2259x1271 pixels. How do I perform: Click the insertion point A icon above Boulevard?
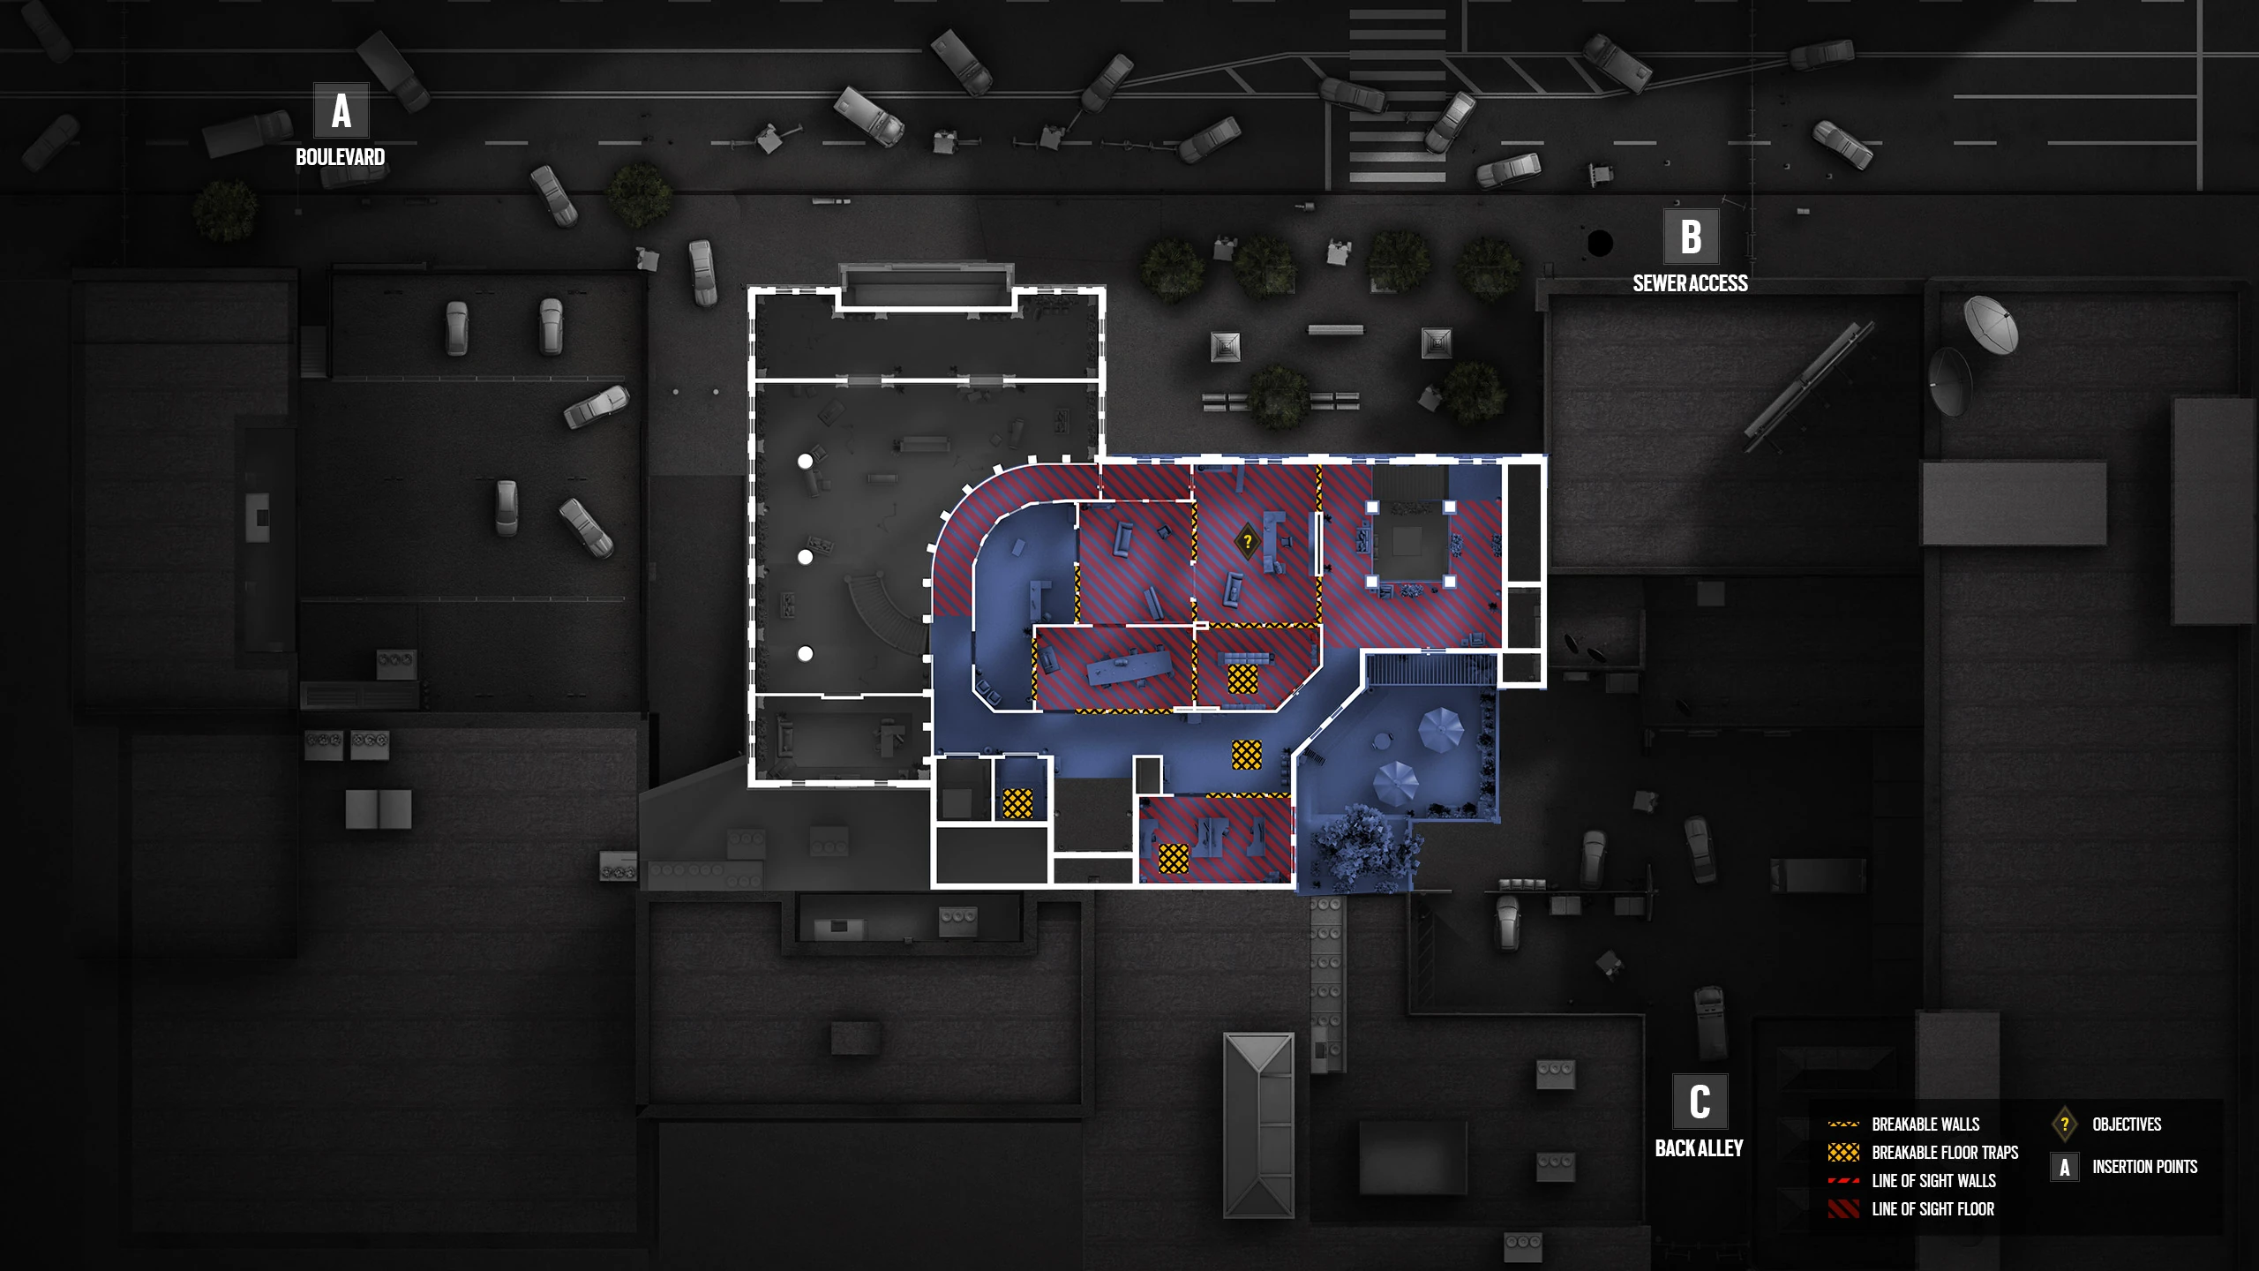341,111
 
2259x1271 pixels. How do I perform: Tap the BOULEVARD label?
340,157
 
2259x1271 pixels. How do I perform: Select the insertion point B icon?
1690,237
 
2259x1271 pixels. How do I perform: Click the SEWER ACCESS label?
1690,283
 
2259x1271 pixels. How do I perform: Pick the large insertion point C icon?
1700,1102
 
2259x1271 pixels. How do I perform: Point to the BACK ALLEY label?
1699,1148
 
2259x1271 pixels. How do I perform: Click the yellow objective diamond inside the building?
1247,540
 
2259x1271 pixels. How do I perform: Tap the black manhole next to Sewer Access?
1600,242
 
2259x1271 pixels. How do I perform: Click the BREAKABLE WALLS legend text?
1925,1124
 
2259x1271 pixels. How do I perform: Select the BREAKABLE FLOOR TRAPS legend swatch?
1843,1153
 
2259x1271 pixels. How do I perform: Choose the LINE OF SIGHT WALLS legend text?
1933,1181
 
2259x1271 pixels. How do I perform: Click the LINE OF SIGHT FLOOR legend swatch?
1843,1209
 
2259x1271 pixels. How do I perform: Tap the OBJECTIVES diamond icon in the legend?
2064,1124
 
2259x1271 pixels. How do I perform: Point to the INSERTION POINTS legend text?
2144,1167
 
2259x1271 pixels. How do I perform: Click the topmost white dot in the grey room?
805,462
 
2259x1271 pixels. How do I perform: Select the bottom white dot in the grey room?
805,654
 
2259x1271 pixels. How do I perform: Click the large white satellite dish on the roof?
1991,324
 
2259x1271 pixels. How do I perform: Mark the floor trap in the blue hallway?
1246,755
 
